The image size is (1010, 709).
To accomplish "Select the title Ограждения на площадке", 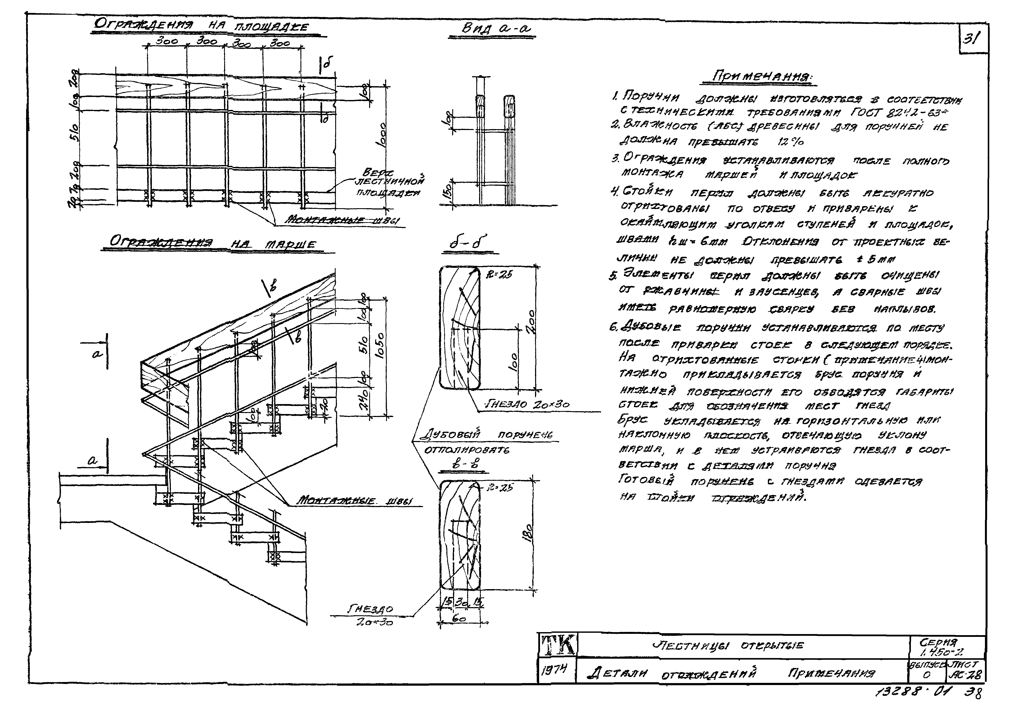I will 202,26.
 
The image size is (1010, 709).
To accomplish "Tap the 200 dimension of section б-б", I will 531,322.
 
